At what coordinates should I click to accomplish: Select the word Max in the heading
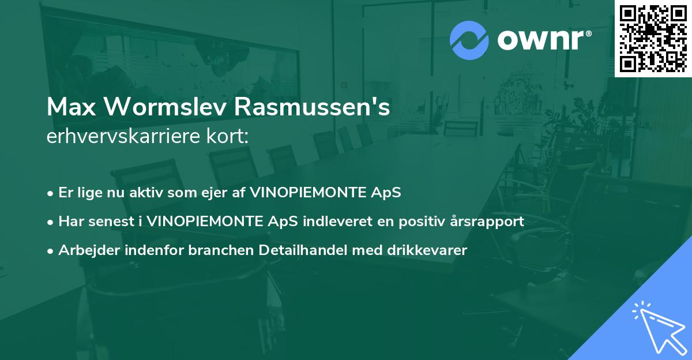pos(67,107)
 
